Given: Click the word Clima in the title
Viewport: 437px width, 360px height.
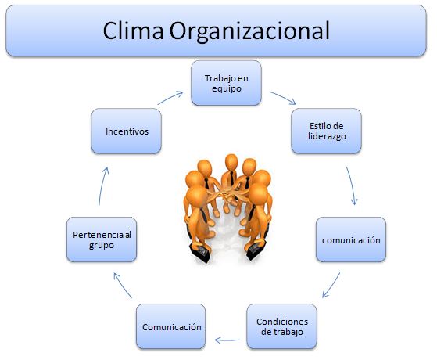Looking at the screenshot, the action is [133, 31].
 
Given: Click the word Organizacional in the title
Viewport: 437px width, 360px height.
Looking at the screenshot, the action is [249, 32].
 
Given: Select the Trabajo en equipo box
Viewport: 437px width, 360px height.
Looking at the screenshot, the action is [226, 83].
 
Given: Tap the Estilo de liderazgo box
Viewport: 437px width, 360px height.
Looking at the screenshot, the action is [326, 131].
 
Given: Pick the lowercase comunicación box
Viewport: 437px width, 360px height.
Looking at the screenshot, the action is [351, 239].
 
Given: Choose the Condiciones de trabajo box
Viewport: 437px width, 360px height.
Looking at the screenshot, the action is [281, 326].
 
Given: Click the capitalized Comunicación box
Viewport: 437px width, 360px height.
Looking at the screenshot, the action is [171, 326].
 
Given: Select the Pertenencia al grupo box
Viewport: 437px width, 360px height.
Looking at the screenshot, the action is [102, 239].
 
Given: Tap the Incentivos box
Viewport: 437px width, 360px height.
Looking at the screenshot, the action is [126, 131].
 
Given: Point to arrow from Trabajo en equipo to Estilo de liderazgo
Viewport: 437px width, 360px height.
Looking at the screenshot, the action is [283, 98].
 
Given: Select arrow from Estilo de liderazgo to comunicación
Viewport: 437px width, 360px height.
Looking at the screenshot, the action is [352, 185].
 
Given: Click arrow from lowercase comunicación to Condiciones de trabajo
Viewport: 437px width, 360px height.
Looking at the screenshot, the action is [331, 285].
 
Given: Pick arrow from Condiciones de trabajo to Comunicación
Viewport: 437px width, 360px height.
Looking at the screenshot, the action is [227, 340].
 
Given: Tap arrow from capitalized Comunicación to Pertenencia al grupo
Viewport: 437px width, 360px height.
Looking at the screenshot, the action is [123, 285].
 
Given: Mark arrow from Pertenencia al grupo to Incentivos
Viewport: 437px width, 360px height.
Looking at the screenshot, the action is [103, 185].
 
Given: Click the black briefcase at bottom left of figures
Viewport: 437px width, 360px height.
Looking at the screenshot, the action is [200, 253].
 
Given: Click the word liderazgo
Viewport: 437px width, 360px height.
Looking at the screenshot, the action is [327, 136].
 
